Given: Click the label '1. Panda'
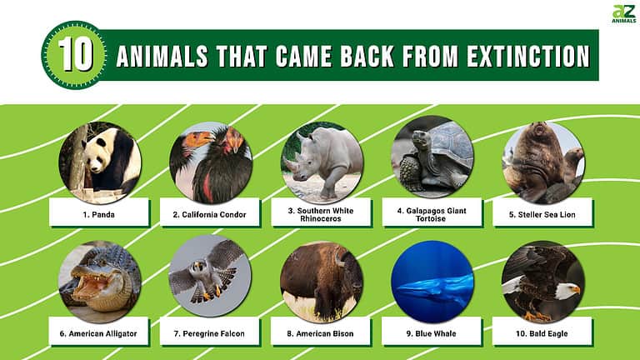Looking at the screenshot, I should pyautogui.click(x=100, y=214).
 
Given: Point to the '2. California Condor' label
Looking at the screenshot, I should pyautogui.click(x=211, y=214).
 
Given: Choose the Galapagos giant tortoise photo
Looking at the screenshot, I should pyautogui.click(x=432, y=157).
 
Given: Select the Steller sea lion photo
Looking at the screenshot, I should pyautogui.click(x=542, y=162).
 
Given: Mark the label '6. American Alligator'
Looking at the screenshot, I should pyautogui.click(x=100, y=333).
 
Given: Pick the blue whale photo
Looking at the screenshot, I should pyautogui.click(x=432, y=281).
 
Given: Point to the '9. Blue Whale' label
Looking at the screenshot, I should pyautogui.click(x=432, y=333).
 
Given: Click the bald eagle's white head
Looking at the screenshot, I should pyautogui.click(x=567, y=290).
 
